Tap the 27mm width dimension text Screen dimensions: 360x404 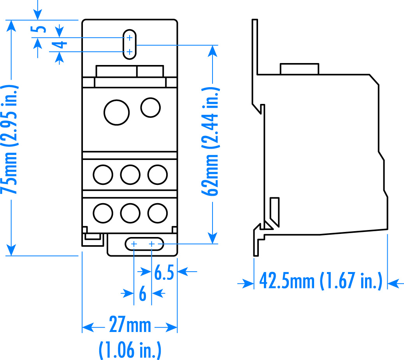coord(130,325)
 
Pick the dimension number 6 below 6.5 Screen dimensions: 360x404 coord(142,294)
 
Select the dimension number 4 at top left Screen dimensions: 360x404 coord(61,45)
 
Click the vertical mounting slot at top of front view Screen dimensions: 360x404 coord(130,44)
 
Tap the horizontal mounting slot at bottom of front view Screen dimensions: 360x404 coord(144,244)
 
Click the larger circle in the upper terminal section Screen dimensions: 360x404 coord(116,112)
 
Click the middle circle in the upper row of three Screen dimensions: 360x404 coord(130,174)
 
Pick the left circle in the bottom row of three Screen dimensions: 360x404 coord(103,212)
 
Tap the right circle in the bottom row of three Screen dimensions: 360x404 coord(158,212)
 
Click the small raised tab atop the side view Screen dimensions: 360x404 coord(299,69)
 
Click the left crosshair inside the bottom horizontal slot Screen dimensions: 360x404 coord(134,244)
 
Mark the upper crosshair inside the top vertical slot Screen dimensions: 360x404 coord(130,38)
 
